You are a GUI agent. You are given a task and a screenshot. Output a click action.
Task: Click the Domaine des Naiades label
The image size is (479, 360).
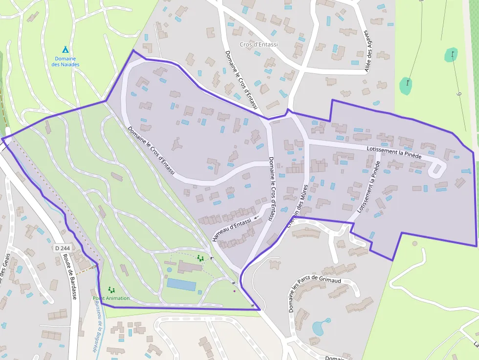65,62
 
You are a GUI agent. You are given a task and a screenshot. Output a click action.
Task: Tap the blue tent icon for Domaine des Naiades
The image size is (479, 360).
65,49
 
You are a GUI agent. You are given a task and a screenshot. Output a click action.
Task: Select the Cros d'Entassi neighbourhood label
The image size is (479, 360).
259,44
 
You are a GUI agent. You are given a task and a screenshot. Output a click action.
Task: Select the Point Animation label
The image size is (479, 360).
111,298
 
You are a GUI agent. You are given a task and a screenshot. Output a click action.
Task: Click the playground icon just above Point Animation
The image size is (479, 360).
111,290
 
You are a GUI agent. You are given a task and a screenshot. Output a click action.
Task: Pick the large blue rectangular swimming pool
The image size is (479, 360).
181,284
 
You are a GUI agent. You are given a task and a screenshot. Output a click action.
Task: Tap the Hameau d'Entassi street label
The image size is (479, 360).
232,230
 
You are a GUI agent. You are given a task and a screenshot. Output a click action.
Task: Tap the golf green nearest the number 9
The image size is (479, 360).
451,54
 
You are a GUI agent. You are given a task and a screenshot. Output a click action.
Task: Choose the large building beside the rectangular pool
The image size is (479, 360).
190,267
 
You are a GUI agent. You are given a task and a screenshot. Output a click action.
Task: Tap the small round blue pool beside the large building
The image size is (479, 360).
169,269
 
